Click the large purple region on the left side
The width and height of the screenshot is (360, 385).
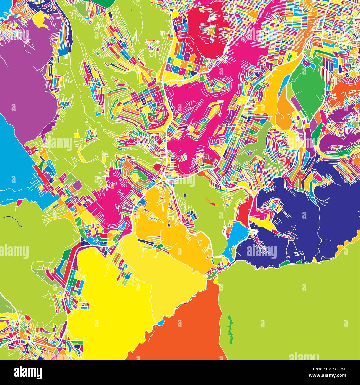[25, 80]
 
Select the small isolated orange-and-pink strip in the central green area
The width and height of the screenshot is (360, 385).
[212, 202]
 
